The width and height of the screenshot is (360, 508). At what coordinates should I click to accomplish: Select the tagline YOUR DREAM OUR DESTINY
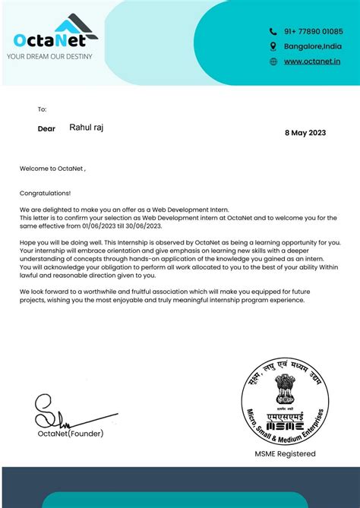click(49, 56)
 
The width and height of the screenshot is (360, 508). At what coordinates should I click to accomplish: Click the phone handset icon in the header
click(273, 32)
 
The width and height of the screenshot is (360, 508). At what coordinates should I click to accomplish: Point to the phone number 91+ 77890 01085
click(314, 32)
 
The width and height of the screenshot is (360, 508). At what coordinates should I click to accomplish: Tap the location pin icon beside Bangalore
click(273, 46)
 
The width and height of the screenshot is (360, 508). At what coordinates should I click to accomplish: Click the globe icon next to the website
click(273, 62)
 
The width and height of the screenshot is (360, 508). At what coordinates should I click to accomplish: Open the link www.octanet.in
click(312, 62)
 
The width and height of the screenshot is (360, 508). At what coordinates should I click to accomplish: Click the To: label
click(42, 109)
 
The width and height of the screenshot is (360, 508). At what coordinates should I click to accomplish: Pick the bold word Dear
click(46, 129)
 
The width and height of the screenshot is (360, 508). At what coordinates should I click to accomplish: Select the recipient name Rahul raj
click(87, 128)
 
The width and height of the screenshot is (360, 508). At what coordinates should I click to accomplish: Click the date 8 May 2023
click(305, 132)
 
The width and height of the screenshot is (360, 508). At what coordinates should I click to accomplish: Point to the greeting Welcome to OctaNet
click(52, 169)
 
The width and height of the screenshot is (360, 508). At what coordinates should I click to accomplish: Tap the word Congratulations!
click(45, 194)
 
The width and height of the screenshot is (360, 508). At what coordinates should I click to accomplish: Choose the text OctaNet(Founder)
click(70, 434)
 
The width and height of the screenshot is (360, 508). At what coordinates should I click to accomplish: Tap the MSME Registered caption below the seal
click(285, 454)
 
